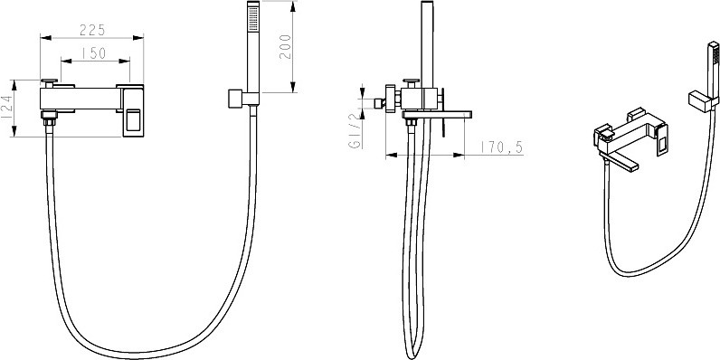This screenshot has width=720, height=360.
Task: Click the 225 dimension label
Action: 92,30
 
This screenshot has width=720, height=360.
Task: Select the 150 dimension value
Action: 94,53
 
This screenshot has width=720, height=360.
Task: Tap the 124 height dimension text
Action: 6,108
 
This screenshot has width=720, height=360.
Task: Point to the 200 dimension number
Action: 285,46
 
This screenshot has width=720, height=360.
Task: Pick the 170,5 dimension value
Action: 501,147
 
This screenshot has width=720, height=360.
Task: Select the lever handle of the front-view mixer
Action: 133,110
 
